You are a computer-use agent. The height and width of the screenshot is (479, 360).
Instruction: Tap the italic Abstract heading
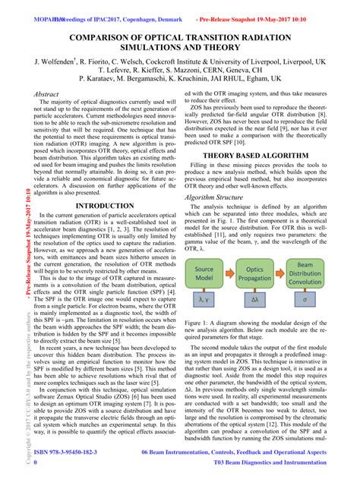coord(47,93)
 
